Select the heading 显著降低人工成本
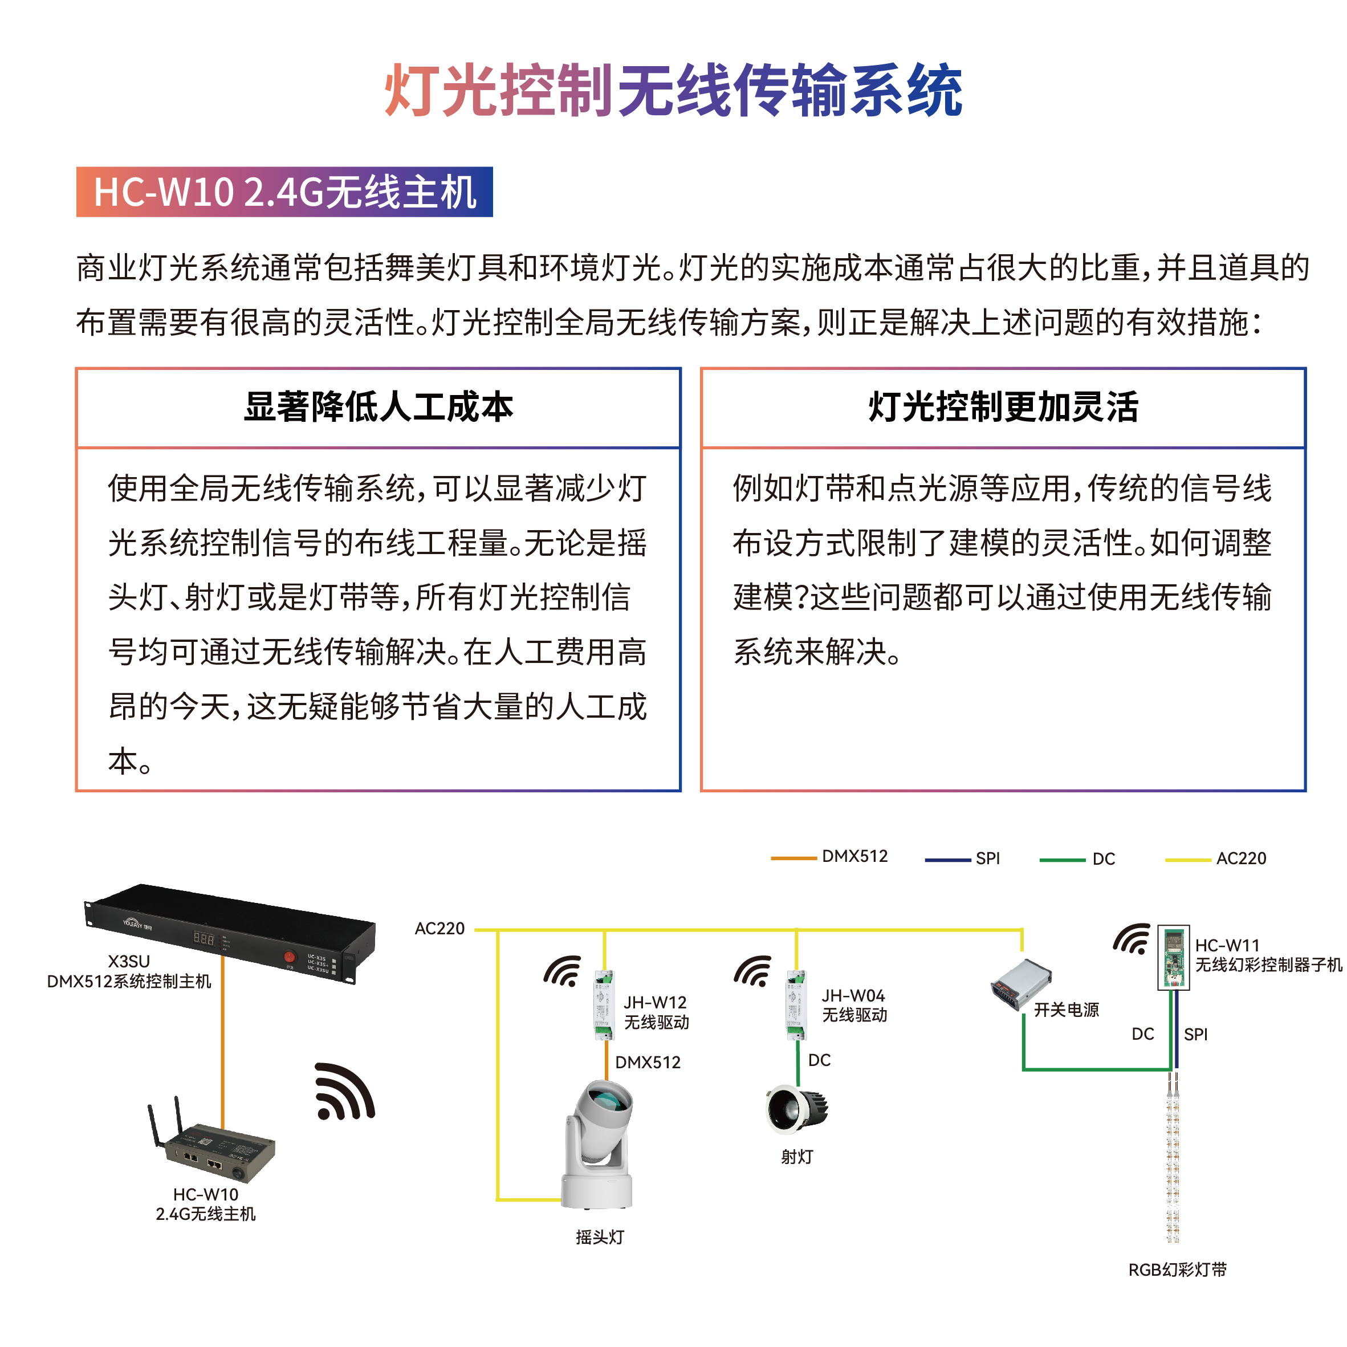pos(378,407)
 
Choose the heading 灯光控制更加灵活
pos(1003,407)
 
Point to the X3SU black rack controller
pos(230,931)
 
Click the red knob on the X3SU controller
pos(290,957)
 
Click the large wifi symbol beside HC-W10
pos(344,1092)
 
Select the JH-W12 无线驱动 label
pos(656,1012)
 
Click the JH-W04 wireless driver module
pos(796,1004)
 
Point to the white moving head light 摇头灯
pos(598,1143)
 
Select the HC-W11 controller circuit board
pos(1173,957)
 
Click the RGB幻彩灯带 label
pos(1177,1269)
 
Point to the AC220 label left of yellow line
pos(439,929)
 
